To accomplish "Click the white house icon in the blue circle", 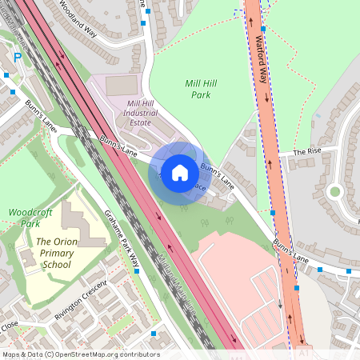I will (x=180, y=172).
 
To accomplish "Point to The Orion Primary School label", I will (x=58, y=252).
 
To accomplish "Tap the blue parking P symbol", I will (x=18, y=58).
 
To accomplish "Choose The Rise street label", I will (x=306, y=151).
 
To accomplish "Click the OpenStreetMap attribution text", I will (x=81, y=354).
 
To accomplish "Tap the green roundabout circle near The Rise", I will (x=334, y=191).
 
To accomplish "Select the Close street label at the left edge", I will (x=9, y=326).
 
